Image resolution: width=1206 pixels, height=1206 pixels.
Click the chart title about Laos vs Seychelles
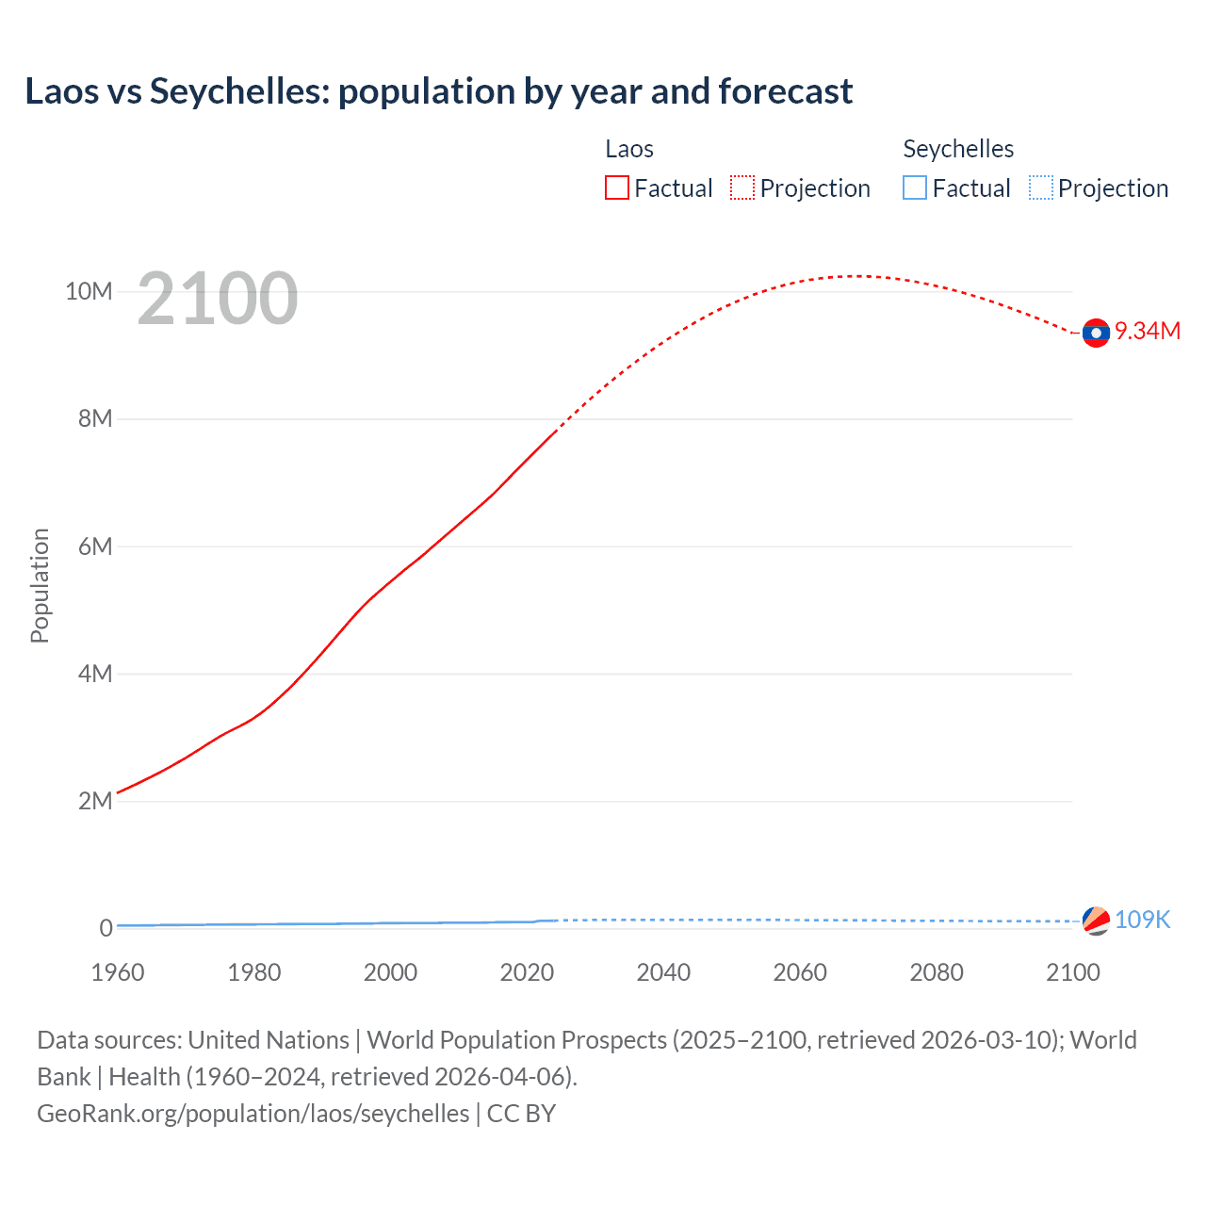coord(438,91)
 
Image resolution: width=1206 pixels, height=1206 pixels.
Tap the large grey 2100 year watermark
coord(218,299)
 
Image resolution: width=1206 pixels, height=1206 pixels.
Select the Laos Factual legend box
coord(616,187)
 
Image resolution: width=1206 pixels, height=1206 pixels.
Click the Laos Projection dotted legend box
coord(742,187)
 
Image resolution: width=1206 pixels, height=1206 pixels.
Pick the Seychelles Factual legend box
coord(914,187)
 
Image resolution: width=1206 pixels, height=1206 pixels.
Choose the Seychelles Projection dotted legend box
coord(1040,187)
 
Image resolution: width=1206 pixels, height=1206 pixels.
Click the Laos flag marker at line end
coord(1096,333)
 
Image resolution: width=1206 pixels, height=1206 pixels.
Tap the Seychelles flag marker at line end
coord(1096,921)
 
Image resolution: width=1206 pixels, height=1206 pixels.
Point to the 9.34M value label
coord(1148,331)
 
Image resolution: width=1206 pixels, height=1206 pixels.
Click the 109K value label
coord(1142,920)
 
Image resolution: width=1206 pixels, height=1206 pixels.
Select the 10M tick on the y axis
coord(89,291)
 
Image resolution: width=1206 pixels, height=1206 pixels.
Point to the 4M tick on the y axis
coord(95,674)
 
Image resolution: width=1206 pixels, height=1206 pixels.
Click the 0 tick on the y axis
coord(106,928)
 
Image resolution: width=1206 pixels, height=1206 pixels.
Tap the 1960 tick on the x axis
coord(118,972)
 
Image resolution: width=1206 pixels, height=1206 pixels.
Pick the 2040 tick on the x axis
coord(663,972)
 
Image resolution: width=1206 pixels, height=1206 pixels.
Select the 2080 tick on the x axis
coord(937,972)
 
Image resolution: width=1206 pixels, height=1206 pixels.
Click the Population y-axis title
coord(40,585)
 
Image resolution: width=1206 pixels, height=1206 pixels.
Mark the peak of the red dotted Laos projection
coord(858,276)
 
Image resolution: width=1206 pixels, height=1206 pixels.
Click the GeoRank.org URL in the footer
coord(253,1114)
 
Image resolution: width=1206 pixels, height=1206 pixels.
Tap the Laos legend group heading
coord(628,149)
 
